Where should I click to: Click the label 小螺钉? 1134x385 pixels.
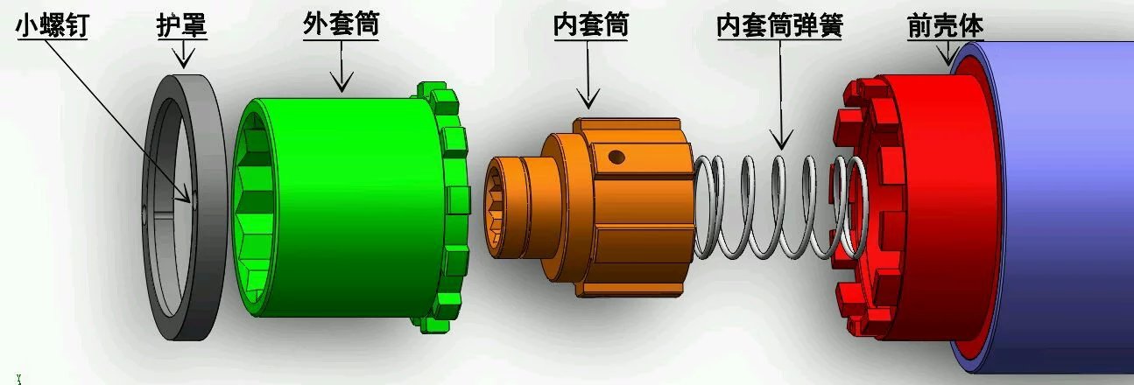(53, 24)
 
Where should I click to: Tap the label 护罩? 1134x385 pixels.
(182, 24)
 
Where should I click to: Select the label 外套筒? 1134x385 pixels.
(342, 24)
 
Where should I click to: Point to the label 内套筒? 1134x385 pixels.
(591, 24)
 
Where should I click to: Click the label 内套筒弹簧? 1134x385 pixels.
(779, 24)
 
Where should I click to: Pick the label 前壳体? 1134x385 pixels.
(945, 24)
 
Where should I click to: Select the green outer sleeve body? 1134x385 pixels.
(355, 207)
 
